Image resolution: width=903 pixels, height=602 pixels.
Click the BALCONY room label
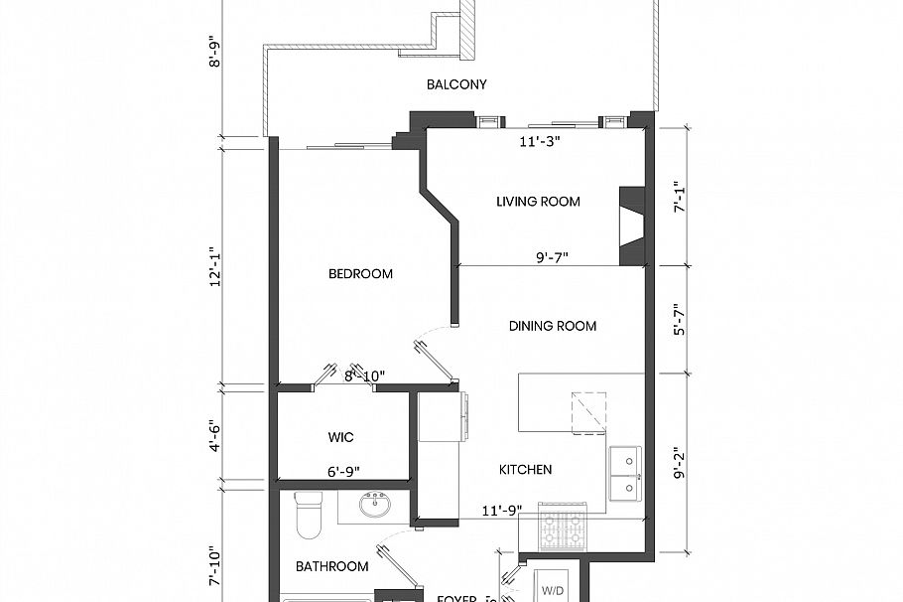pyautogui.click(x=456, y=84)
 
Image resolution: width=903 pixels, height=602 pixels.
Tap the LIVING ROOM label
pyautogui.click(x=538, y=202)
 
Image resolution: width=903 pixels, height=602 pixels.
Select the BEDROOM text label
pyautogui.click(x=360, y=274)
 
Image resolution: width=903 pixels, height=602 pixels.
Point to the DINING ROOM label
pyautogui.click(x=553, y=326)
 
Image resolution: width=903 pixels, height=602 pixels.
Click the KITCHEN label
pyautogui.click(x=525, y=469)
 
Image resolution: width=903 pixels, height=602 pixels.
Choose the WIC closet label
pyautogui.click(x=340, y=437)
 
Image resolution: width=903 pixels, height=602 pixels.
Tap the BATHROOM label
pyautogui.click(x=331, y=566)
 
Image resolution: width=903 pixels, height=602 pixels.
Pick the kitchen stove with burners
pyautogui.click(x=563, y=527)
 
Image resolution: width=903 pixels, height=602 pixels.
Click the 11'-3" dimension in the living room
pyautogui.click(x=540, y=142)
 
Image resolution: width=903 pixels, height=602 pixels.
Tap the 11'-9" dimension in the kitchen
pyautogui.click(x=501, y=512)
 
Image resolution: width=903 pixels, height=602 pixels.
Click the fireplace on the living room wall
pyautogui.click(x=632, y=226)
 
